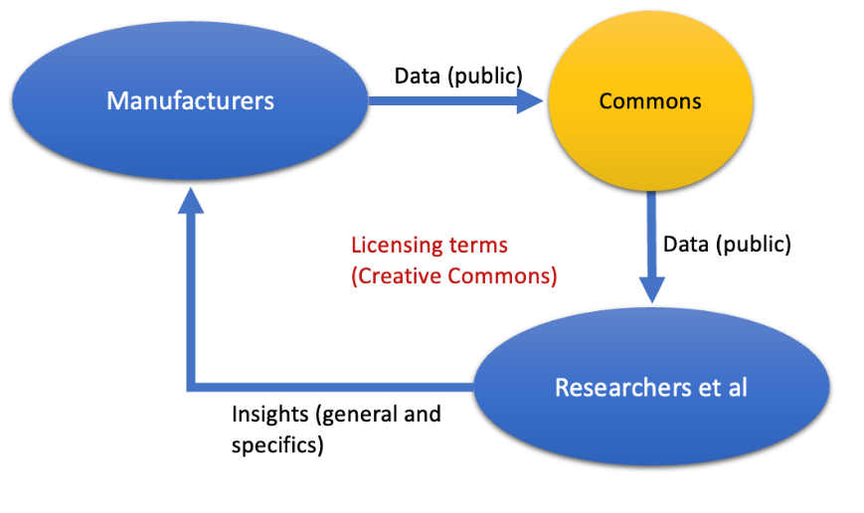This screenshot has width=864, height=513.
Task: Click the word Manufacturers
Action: (190, 100)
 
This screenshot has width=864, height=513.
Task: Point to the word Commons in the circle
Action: (650, 100)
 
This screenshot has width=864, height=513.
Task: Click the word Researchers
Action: (616, 387)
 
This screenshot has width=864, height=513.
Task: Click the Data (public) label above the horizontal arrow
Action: (458, 75)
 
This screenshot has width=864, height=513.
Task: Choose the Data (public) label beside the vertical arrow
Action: (727, 244)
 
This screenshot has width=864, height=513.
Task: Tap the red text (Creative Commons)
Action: (453, 276)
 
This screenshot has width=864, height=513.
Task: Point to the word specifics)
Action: (277, 444)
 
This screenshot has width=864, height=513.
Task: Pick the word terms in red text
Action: (469, 245)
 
